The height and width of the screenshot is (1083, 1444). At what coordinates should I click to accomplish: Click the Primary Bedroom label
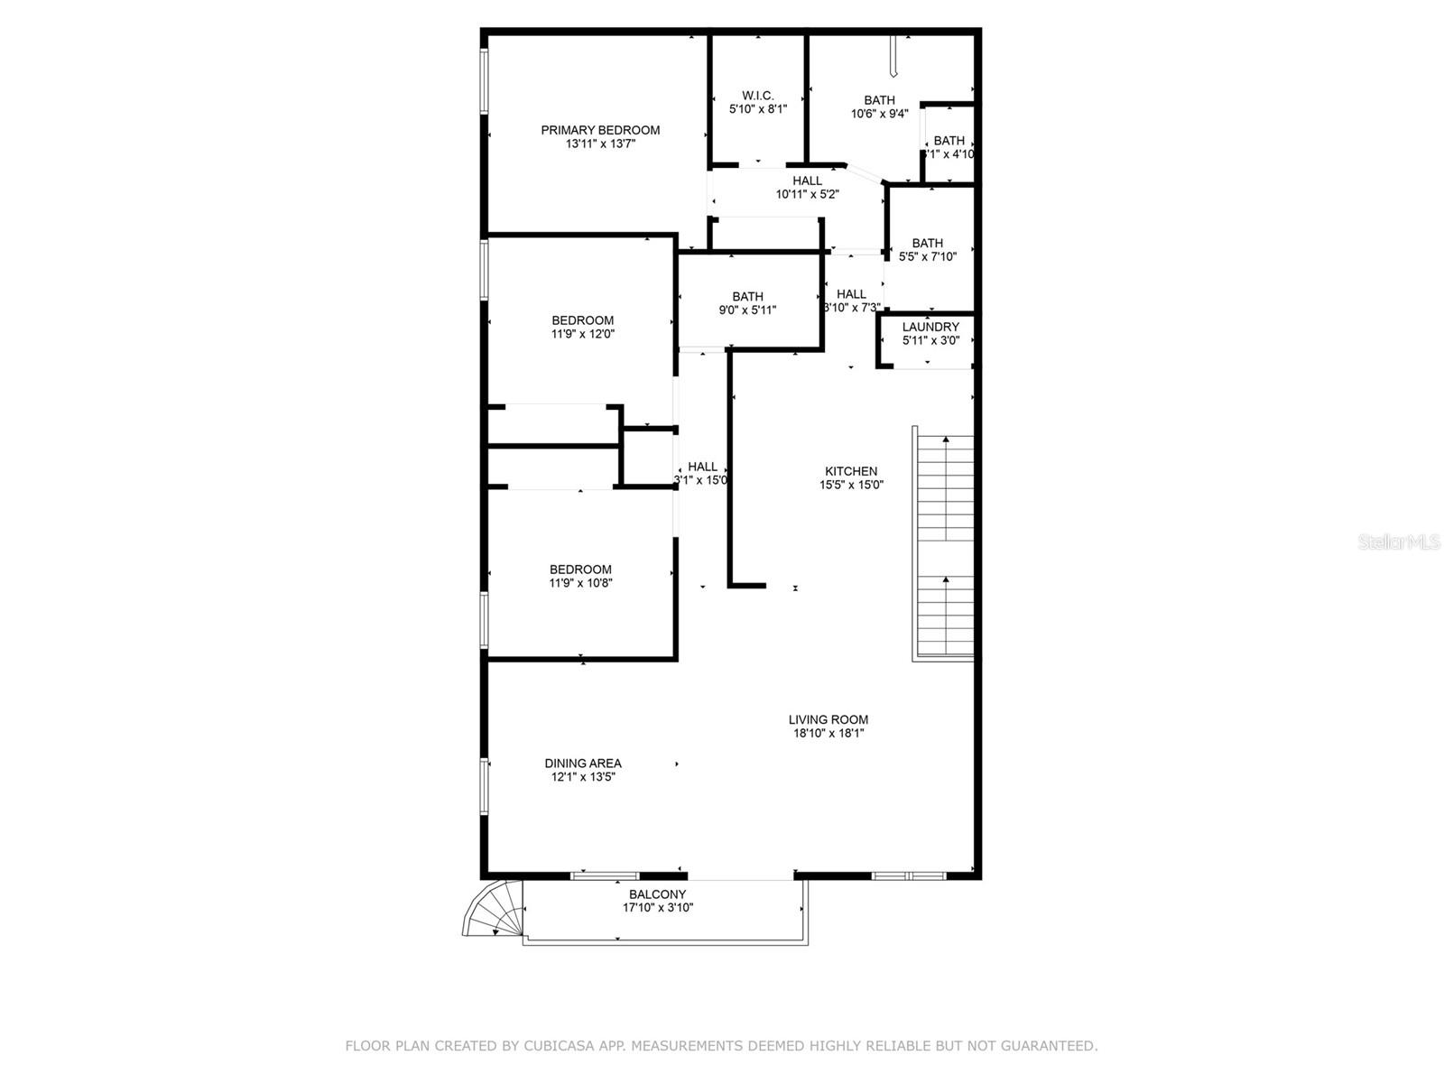pyautogui.click(x=600, y=130)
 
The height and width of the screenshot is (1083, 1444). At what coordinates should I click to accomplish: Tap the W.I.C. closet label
pyautogui.click(x=758, y=96)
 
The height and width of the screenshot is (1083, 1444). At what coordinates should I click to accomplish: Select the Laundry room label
pyautogui.click(x=930, y=327)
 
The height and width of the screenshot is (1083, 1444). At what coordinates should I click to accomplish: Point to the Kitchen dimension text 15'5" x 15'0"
pyautogui.click(x=851, y=485)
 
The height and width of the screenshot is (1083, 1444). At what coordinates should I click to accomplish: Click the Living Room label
pyautogui.click(x=828, y=719)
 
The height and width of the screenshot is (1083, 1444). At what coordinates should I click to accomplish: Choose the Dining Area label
pyautogui.click(x=583, y=763)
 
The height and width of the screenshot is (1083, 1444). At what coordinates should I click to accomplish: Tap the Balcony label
pyautogui.click(x=658, y=894)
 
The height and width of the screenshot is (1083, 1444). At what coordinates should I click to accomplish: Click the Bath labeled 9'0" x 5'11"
pyautogui.click(x=747, y=303)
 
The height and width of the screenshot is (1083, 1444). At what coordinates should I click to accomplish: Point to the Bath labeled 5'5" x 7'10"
pyautogui.click(x=928, y=250)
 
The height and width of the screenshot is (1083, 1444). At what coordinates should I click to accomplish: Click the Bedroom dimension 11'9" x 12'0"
pyautogui.click(x=583, y=334)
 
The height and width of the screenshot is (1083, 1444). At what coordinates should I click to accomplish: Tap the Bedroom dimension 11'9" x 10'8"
pyautogui.click(x=581, y=583)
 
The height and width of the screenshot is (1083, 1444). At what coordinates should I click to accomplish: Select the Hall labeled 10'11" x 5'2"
pyautogui.click(x=808, y=188)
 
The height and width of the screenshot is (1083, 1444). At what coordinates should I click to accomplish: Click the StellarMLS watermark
pyautogui.click(x=1399, y=542)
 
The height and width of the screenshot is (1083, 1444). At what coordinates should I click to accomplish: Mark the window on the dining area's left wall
pyautogui.click(x=485, y=787)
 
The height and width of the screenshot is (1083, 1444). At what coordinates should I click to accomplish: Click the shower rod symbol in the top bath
pyautogui.click(x=892, y=56)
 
